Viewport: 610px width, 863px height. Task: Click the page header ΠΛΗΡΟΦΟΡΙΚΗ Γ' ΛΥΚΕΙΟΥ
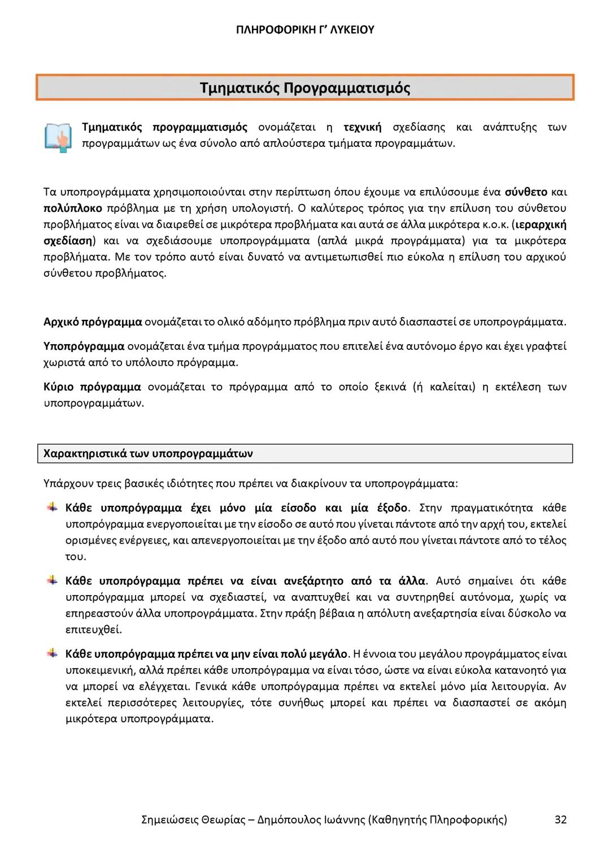click(305, 29)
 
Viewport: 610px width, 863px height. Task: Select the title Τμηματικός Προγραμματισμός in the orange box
click(305, 88)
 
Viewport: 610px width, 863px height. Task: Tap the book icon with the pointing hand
click(58, 136)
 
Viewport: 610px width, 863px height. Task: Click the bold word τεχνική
click(362, 127)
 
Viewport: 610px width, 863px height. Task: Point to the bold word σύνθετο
click(525, 192)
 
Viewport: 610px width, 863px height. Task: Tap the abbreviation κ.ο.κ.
click(494, 224)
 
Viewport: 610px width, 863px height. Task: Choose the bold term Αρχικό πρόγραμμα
click(93, 322)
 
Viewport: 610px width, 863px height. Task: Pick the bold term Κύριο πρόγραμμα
click(92, 387)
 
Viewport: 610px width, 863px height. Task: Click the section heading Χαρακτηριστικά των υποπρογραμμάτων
click(148, 453)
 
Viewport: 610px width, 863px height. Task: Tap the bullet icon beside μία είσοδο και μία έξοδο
click(52, 507)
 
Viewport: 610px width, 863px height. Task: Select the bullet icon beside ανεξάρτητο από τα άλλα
click(52, 580)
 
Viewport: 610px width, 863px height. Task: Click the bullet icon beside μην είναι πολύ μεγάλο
click(52, 654)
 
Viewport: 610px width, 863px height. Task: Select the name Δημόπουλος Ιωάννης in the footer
click(311, 819)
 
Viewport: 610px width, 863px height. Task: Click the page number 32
click(560, 819)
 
